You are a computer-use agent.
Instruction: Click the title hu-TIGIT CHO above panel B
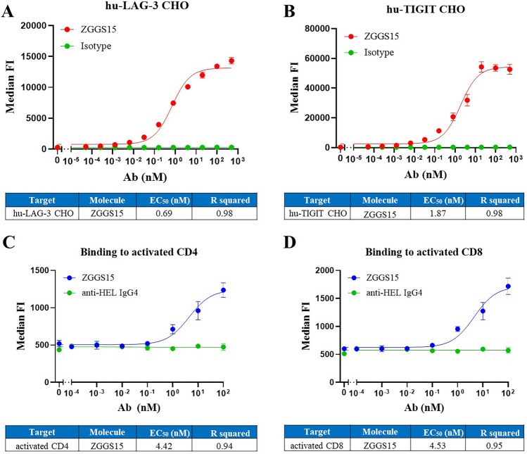pyautogui.click(x=403, y=8)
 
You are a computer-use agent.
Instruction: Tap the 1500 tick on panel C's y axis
pyautogui.click(x=41, y=270)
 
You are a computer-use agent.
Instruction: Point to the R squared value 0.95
pyautogui.click(x=491, y=446)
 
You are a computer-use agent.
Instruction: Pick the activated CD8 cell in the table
pyautogui.click(x=316, y=446)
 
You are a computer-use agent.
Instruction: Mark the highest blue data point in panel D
pyautogui.click(x=507, y=286)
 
